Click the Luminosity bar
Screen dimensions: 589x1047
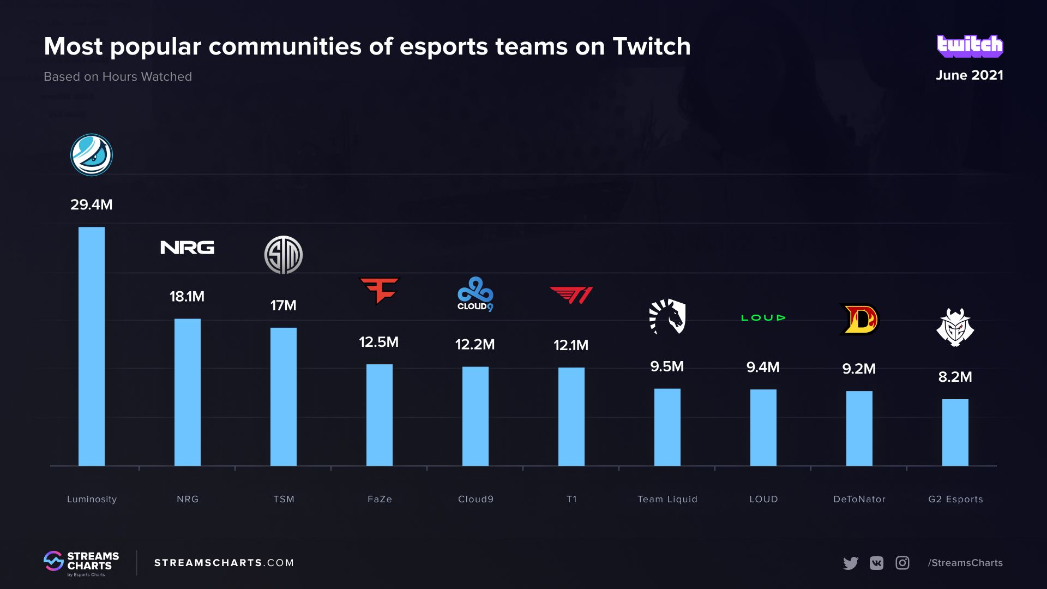[92, 346]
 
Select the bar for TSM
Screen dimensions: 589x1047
[284, 396]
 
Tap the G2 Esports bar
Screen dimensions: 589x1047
[955, 432]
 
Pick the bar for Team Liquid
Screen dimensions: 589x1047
[667, 427]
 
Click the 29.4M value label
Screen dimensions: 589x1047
[92, 205]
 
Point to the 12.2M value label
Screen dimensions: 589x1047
[475, 345]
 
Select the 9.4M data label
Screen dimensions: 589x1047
[763, 367]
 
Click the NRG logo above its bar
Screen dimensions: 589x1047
[187, 248]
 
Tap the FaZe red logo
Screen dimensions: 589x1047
[380, 291]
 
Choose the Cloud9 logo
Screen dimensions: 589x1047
[475, 294]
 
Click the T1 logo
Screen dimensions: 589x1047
[571, 295]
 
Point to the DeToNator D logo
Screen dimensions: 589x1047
[859, 319]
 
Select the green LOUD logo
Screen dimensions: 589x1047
[763, 317]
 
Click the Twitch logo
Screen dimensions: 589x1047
[970, 46]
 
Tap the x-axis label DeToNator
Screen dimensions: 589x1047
[859, 499]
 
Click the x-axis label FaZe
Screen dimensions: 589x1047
[380, 499]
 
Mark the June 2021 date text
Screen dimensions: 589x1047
[970, 75]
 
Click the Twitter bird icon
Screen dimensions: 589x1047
[850, 563]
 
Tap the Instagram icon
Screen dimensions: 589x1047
[902, 563]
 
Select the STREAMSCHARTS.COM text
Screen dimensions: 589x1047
[224, 563]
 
